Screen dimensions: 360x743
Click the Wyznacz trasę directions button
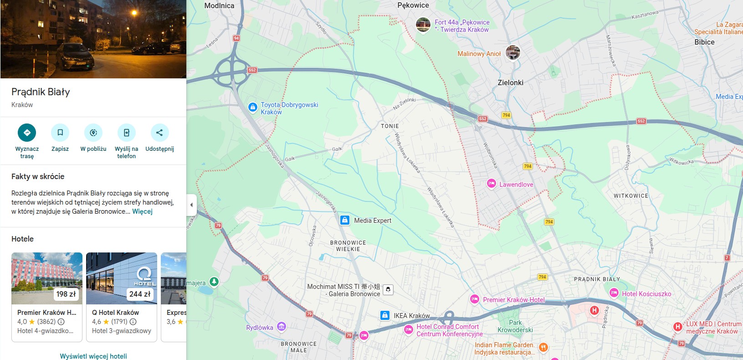[x=27, y=133]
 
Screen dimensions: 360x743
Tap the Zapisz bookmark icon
[x=60, y=133]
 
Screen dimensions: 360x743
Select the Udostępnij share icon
[x=159, y=133]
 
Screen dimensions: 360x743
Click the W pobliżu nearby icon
[x=93, y=133]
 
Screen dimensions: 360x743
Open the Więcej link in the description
[x=142, y=211]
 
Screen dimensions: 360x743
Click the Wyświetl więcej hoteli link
[x=93, y=356]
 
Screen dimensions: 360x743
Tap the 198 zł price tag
[x=66, y=294]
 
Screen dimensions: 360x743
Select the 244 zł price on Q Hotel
[x=140, y=294]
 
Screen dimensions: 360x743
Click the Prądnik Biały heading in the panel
[x=41, y=92]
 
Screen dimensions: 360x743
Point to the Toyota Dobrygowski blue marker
[x=253, y=107]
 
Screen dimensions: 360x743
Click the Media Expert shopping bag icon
[x=345, y=221]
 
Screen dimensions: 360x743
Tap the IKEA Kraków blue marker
[x=385, y=315]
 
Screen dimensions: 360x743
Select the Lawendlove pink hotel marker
[x=491, y=184]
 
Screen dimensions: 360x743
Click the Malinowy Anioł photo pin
[x=512, y=53]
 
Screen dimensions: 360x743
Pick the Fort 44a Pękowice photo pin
[x=423, y=25]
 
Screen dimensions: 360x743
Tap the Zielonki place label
[x=510, y=83]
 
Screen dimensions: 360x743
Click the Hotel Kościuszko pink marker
[x=614, y=293]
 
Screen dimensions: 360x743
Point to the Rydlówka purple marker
[x=282, y=326]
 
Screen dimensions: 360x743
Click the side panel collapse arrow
[x=191, y=205]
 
